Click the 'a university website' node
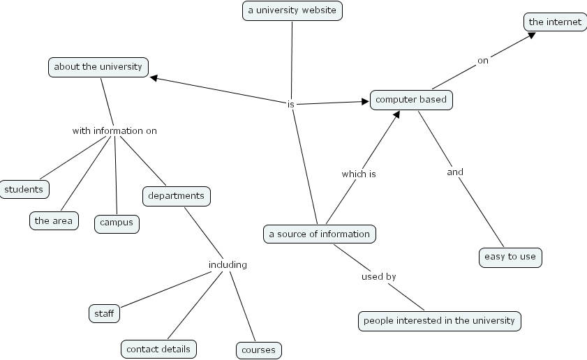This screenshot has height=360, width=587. point(292,10)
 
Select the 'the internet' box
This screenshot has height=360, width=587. point(555,22)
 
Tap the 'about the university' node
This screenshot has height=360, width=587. point(98,67)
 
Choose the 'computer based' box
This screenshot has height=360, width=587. point(411,100)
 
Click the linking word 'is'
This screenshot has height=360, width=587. point(291,104)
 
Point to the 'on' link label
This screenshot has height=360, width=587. point(483,61)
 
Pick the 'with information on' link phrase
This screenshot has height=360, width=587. point(114,130)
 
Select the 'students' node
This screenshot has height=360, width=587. point(24,189)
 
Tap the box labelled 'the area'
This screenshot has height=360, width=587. point(53,221)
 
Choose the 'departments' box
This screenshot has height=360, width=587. point(176,196)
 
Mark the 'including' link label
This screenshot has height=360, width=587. point(228,264)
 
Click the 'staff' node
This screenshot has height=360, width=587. point(104,314)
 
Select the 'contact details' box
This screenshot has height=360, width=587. point(158,348)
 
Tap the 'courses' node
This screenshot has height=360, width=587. point(258,350)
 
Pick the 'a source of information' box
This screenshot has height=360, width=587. point(320,234)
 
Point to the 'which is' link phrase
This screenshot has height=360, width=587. point(359,174)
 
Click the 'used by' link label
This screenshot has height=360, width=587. point(378,277)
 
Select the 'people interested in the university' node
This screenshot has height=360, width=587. point(439,321)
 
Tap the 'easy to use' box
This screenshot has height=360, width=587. point(510,257)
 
